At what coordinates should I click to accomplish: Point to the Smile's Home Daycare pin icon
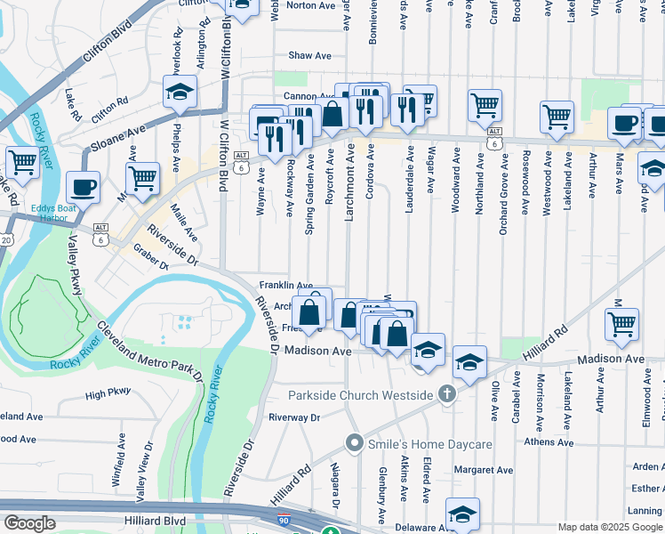click(355, 442)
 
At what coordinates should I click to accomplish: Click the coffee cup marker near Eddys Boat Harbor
click(84, 187)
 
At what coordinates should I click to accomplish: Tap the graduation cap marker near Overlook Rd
click(180, 92)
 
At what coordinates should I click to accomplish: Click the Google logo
click(29, 523)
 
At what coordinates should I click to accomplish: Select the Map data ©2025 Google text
click(610, 527)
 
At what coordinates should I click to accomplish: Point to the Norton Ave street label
click(311, 5)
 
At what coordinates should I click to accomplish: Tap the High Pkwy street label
click(108, 392)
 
